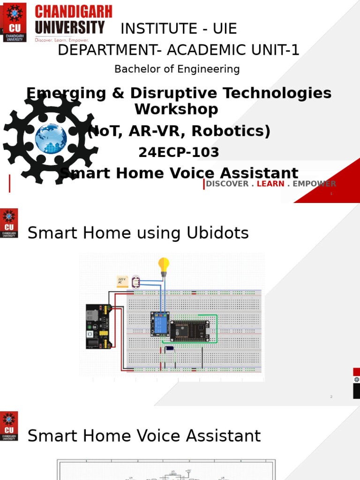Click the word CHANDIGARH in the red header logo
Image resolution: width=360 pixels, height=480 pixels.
pyautogui.click(x=74, y=12)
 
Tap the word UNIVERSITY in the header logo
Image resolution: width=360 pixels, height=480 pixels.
pyautogui.click(x=70, y=28)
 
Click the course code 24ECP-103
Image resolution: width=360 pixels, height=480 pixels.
pyautogui.click(x=179, y=152)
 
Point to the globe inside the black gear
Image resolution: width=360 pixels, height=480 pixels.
pyautogui.click(x=51, y=138)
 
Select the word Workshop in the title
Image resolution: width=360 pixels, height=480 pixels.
pyautogui.click(x=176, y=109)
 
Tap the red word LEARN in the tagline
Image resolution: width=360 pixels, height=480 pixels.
pyautogui.click(x=270, y=184)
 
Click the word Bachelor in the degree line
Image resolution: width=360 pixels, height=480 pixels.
pyautogui.click(x=134, y=69)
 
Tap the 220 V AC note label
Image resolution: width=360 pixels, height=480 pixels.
pyautogui.click(x=122, y=281)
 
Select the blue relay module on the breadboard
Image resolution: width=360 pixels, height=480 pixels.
pyautogui.click(x=160, y=324)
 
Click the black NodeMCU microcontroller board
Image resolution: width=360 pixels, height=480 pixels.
pyautogui.click(x=189, y=330)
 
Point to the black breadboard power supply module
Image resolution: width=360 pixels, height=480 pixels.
pyautogui.click(x=98, y=326)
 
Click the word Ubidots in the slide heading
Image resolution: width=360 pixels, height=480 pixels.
pyautogui.click(x=219, y=233)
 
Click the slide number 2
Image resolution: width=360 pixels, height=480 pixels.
pyautogui.click(x=331, y=397)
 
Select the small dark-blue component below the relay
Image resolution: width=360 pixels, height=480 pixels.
pyautogui.click(x=170, y=348)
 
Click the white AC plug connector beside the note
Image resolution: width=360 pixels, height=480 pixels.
pyautogui.click(x=136, y=281)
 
